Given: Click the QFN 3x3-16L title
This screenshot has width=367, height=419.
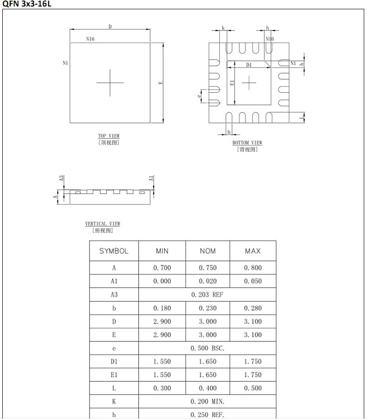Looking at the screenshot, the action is tap(26, 4).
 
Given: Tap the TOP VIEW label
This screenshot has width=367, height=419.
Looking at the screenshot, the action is tap(109, 136).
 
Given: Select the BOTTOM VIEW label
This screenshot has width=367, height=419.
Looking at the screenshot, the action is tap(247, 143).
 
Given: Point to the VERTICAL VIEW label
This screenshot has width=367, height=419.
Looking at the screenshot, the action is tap(103, 224).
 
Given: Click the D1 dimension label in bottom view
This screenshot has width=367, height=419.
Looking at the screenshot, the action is tap(249, 65).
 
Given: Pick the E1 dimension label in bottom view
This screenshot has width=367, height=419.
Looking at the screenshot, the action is tap(232, 83).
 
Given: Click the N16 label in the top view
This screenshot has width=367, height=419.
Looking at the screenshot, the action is tap(90, 39).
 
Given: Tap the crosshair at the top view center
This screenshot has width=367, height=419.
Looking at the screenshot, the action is tap(110, 83).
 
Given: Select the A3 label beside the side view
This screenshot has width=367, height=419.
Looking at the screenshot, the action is tap(61, 178).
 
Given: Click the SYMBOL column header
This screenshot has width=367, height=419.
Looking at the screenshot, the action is tap(114, 251).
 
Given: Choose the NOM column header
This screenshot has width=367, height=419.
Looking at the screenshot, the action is tap(208, 251).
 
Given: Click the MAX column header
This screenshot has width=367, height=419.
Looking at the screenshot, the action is tap(253, 251).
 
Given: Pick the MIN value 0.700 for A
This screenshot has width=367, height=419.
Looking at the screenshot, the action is tap(162, 268).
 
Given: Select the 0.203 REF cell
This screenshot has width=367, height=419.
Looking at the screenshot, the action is tap(207, 295).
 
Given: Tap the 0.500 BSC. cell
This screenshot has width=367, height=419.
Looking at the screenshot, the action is tap(207, 348).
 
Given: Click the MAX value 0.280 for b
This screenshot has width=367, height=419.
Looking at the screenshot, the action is tap(253, 308).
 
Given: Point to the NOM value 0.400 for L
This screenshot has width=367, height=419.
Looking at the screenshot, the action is tap(208, 388).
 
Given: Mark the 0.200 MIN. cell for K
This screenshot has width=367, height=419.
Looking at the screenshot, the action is tap(207, 402).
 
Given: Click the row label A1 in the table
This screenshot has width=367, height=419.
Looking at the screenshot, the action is tap(114, 281).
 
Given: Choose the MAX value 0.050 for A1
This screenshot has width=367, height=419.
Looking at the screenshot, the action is tap(253, 281).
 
